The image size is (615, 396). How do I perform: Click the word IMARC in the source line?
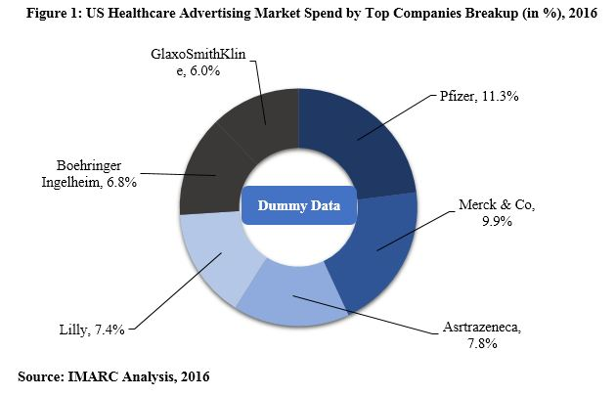(x=101, y=375)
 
